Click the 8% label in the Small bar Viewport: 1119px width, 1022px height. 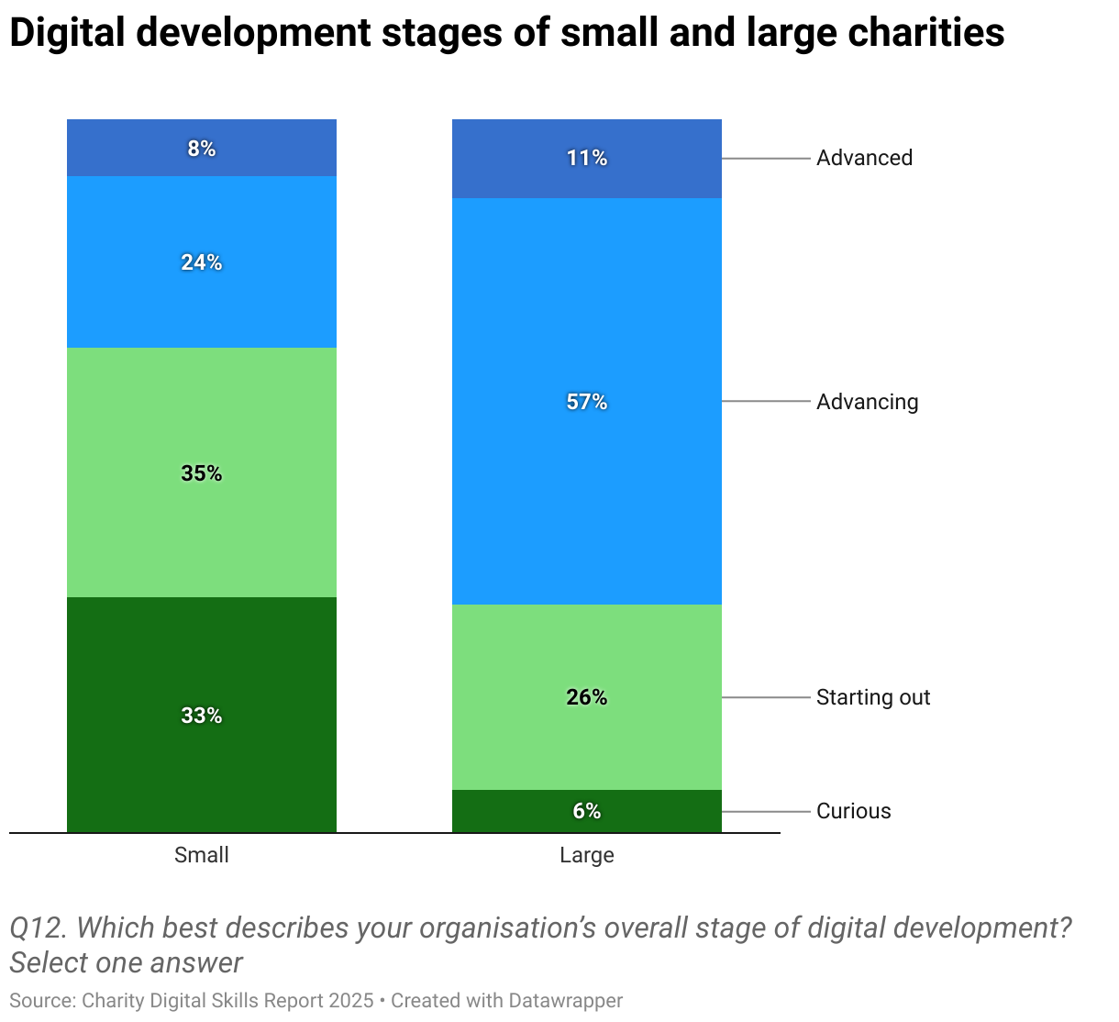[202, 149]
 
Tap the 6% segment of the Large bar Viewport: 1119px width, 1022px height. [587, 811]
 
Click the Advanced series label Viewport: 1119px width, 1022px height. [864, 158]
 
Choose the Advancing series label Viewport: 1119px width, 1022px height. [867, 402]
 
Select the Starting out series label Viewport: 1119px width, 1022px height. [873, 697]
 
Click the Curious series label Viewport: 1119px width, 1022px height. [853, 811]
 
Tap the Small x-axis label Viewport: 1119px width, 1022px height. [202, 855]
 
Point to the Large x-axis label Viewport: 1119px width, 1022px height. [587, 855]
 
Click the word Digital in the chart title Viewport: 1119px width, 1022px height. [66, 34]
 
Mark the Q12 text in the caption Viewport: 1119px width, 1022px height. [37, 928]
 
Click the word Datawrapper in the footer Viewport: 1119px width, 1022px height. [566, 1000]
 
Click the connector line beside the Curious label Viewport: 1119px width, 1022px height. [766, 812]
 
